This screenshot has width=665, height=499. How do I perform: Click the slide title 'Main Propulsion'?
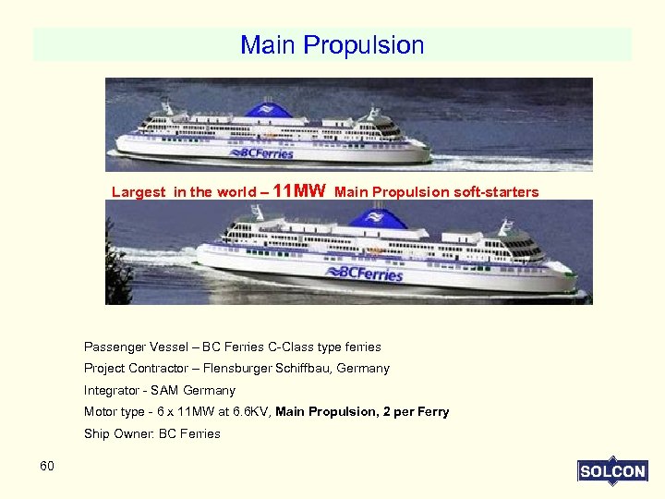pyautogui.click(x=332, y=44)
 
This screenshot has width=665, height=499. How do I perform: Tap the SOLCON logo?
pyautogui.click(x=611, y=471)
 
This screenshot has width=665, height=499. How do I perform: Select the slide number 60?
pyautogui.click(x=47, y=466)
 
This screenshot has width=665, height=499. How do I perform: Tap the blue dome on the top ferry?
pyautogui.click(x=269, y=110)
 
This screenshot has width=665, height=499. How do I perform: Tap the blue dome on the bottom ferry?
pyautogui.click(x=378, y=220)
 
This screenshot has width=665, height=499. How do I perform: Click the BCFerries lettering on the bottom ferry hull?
pyautogui.click(x=365, y=273)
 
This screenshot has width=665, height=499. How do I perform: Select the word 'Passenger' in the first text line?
pyautogui.click(x=115, y=347)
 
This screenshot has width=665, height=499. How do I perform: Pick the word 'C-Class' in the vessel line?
pyautogui.click(x=290, y=347)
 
